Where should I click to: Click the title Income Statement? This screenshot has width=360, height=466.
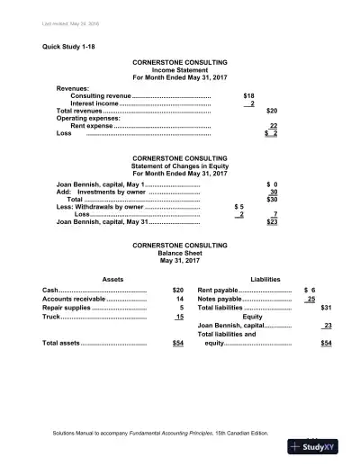coord(180,71)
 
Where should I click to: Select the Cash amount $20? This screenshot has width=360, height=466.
coord(177,290)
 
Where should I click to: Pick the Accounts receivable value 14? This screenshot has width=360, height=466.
coord(180,299)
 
